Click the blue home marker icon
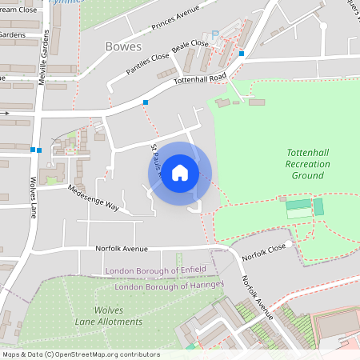pyautogui.click(x=180, y=173)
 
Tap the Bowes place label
pyautogui.click(x=123, y=46)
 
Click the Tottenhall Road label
pyautogui.click(x=202, y=81)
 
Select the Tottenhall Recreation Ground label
pyautogui.click(x=308, y=163)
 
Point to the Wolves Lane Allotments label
pyautogui.click(x=118, y=315)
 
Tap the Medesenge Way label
pyautogui.click(x=93, y=198)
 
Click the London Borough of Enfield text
pyautogui.click(x=156, y=269)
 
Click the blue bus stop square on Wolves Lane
pyautogui.click(x=36, y=150)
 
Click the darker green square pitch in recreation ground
pyautogui.click(x=318, y=207)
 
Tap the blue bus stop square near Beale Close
pyautogui.click(x=241, y=54)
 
